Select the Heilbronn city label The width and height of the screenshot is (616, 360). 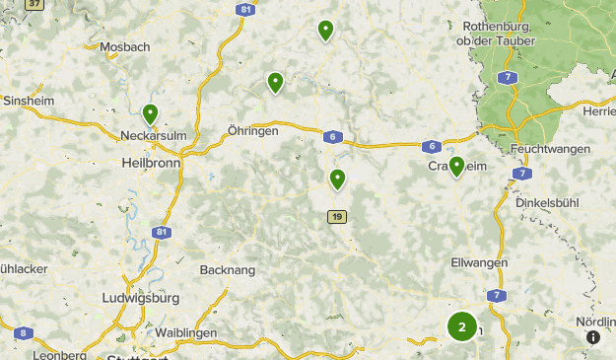click(x=151, y=163)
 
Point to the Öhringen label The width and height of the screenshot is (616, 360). click(x=252, y=130)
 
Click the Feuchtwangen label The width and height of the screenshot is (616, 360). click(x=551, y=149)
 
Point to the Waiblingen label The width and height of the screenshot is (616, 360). click(x=185, y=333)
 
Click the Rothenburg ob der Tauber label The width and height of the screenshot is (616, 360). click(x=497, y=34)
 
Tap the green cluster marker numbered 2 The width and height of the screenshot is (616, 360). click(x=461, y=325)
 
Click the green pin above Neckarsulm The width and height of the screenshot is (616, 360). click(x=150, y=114)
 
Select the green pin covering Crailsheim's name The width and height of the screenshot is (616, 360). click(x=456, y=166)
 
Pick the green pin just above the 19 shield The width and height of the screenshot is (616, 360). click(x=337, y=179)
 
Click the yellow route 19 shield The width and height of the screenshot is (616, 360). click(x=337, y=217)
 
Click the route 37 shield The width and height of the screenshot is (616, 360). click(x=35, y=4)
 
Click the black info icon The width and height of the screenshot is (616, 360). click(x=593, y=336)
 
